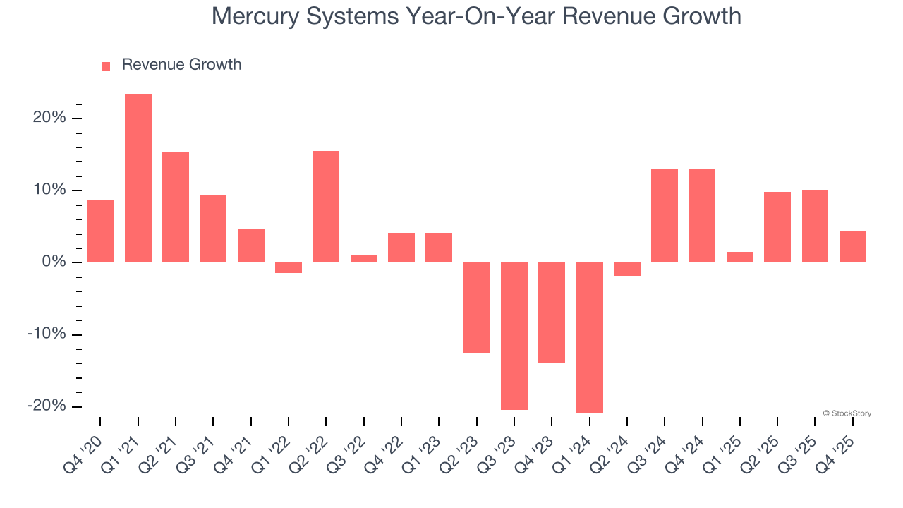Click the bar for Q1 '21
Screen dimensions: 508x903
(x=138, y=178)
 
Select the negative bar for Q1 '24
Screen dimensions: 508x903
(x=590, y=337)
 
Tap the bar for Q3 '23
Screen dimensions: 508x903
(x=514, y=336)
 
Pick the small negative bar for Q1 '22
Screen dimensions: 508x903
(x=289, y=267)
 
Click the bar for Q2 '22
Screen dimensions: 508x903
(x=326, y=207)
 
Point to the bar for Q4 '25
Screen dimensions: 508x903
(x=853, y=247)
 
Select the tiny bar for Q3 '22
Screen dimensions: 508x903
(x=364, y=258)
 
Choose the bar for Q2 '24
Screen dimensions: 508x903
(x=627, y=269)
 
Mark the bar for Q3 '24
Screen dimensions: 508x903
(x=665, y=216)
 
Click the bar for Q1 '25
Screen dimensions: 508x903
(x=740, y=257)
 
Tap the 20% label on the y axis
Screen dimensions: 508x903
(x=49, y=118)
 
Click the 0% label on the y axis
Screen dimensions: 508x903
(x=54, y=262)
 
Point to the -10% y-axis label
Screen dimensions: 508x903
(x=47, y=334)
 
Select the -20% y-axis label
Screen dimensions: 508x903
(x=47, y=406)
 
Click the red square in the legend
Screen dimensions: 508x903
(x=106, y=66)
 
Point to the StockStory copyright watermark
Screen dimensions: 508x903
(x=847, y=413)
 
